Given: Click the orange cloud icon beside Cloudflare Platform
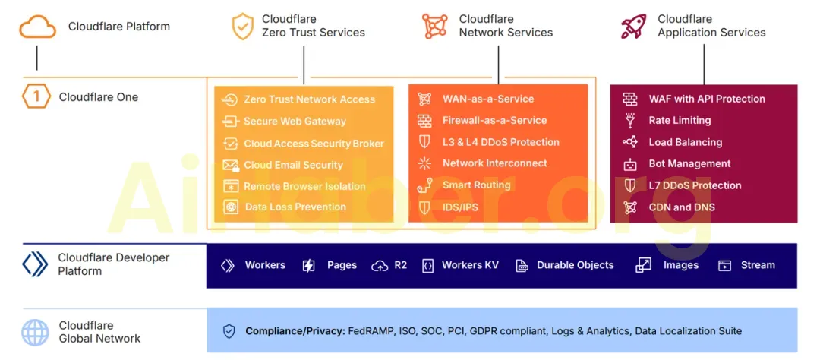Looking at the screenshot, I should point(37,27).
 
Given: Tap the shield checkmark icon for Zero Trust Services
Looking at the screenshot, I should point(242,26).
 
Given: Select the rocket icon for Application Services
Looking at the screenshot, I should point(633,26).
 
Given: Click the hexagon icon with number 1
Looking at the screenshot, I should point(36,97).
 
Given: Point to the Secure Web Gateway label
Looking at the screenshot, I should point(295,122).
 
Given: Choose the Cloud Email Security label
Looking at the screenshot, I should point(293,165).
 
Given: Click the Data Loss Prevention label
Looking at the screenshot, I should point(295,207).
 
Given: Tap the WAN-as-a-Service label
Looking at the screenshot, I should point(488,99).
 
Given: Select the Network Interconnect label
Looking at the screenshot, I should point(494,163).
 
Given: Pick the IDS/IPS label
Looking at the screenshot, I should point(460,207).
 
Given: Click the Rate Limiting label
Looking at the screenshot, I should point(680,121).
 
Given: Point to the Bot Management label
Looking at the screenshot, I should point(689,164).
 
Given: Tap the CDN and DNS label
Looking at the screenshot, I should point(682,207).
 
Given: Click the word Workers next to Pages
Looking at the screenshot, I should point(265,265).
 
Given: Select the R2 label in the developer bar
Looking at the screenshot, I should point(400,265).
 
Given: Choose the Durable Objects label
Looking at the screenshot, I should point(575,265).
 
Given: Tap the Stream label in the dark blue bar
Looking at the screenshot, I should point(758,265).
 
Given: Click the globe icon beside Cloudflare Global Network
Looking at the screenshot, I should point(35,332).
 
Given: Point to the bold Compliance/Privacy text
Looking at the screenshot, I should point(295,331).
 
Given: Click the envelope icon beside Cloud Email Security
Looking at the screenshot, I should point(230,165).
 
